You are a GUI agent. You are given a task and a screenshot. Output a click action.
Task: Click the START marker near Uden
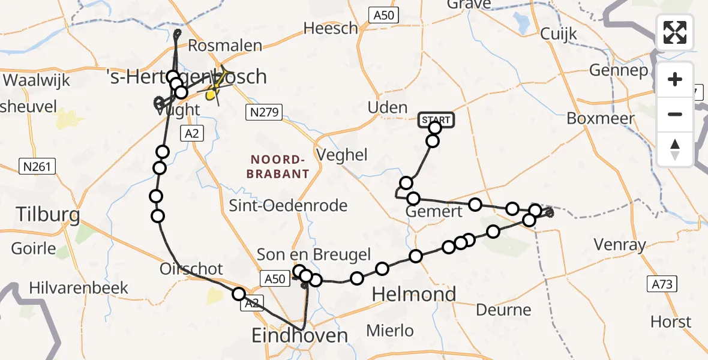tap(435, 120)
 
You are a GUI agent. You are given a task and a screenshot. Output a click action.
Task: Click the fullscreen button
tap(675, 32)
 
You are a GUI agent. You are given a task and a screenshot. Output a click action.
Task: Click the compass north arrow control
tap(675, 149)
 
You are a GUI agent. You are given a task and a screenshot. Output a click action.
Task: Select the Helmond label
tap(414, 294)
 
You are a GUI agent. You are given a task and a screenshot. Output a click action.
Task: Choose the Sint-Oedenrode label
tap(288, 206)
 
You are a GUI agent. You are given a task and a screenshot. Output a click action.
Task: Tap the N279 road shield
tap(264, 112)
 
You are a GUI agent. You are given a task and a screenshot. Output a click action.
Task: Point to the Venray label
tap(619, 245)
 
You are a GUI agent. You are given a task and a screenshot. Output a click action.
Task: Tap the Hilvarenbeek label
tap(79, 287)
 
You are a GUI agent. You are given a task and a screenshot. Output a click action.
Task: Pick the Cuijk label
tap(559, 34)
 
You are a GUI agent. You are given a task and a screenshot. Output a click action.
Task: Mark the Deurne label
tap(503, 310)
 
